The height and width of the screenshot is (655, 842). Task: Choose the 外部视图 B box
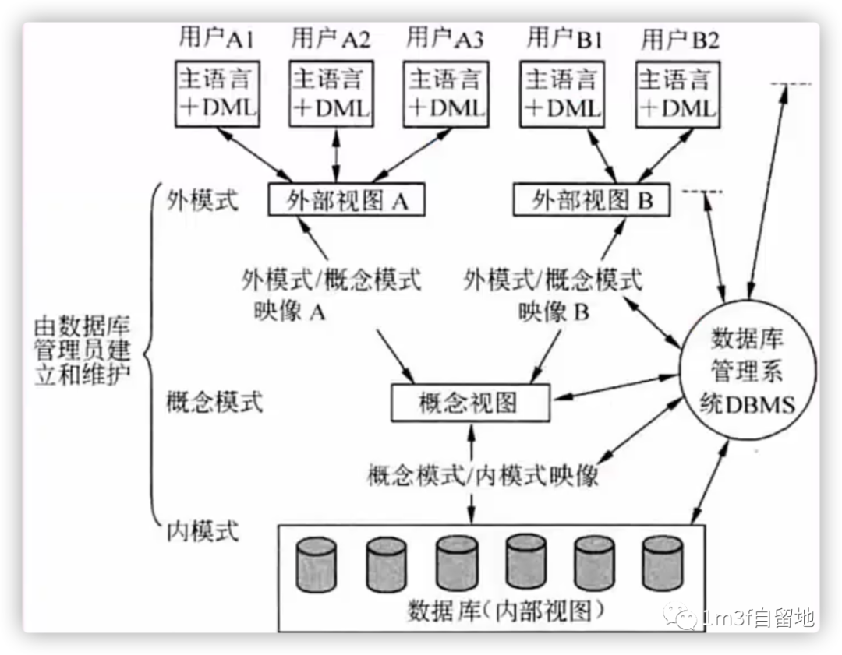[593, 201]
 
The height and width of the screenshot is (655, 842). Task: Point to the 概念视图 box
[469, 403]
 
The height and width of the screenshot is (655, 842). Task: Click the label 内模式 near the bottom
[203, 533]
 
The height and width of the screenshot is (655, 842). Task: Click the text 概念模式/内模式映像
[483, 475]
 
